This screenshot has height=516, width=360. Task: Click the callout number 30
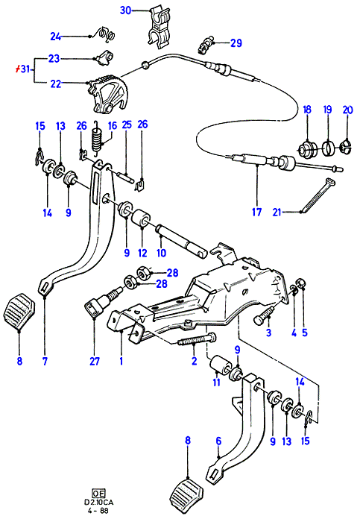(x=125, y=10)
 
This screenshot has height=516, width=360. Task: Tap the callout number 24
(x=56, y=37)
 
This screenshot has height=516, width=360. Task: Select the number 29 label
(x=236, y=43)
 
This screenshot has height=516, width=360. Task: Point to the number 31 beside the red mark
(x=25, y=69)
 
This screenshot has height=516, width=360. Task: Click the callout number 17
(x=256, y=212)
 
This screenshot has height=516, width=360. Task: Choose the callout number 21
(x=277, y=213)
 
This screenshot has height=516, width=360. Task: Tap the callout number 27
(x=95, y=361)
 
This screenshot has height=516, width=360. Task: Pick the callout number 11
(x=216, y=383)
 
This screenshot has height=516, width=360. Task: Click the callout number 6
(x=219, y=441)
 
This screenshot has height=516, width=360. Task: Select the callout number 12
(x=142, y=253)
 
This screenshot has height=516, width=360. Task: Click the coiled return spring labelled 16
(x=96, y=137)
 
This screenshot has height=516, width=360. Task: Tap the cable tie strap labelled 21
(x=317, y=195)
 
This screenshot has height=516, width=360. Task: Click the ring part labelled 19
(x=328, y=148)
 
